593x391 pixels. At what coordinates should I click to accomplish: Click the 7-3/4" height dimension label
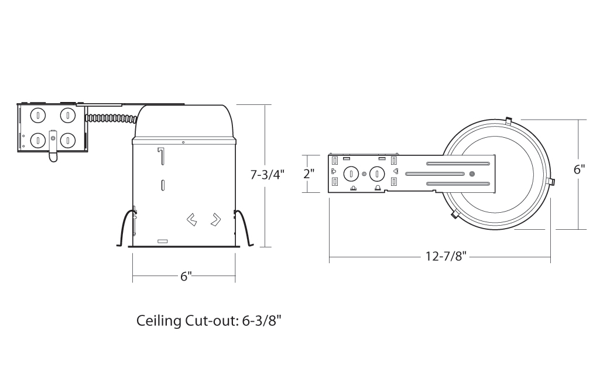tap(267, 175)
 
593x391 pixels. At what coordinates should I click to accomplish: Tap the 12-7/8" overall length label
tap(446, 257)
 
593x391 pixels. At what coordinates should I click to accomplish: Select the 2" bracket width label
tap(309, 174)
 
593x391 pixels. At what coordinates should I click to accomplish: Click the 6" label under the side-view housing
tap(186, 277)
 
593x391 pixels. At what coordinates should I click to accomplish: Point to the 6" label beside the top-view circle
tap(579, 169)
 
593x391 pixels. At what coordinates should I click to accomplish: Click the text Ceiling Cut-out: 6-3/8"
tap(209, 321)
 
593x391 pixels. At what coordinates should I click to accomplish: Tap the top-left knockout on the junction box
tap(38, 115)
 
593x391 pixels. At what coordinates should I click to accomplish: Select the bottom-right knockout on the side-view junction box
tap(68, 141)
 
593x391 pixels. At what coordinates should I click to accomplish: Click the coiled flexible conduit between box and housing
tap(111, 118)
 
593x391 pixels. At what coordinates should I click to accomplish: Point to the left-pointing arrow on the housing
tap(192, 220)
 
